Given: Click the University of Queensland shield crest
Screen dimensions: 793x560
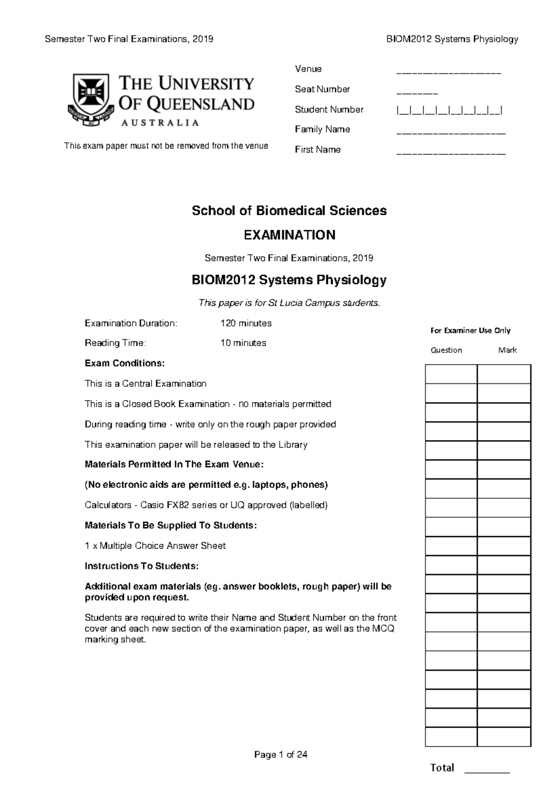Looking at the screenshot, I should (x=89, y=99).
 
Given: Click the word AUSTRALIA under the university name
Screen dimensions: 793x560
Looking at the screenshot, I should (x=160, y=123).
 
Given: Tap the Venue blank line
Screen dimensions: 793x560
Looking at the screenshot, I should (x=448, y=73).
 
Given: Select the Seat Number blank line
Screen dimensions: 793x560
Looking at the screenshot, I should (x=417, y=93).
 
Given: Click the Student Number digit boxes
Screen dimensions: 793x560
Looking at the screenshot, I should (x=449, y=111).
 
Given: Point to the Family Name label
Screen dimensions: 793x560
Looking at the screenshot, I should (x=322, y=129).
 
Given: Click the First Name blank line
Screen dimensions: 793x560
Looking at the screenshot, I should (x=451, y=153).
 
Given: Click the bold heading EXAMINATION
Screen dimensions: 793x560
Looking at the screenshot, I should (x=289, y=235).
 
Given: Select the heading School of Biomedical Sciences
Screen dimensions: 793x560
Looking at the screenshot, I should (x=289, y=211).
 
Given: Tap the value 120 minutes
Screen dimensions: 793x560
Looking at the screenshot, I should (x=246, y=323).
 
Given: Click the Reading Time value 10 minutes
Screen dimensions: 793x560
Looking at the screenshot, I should (x=243, y=343).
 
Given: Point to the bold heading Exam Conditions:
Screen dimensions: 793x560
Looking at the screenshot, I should (x=125, y=363).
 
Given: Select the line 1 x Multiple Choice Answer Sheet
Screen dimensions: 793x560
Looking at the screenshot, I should (x=155, y=545).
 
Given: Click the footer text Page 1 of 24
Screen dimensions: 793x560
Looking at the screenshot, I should (x=280, y=755).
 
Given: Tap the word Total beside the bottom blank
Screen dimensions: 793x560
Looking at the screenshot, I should (x=442, y=768).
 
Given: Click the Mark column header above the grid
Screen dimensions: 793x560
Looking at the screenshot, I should (x=507, y=350).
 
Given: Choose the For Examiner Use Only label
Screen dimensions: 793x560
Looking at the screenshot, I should (x=470, y=331).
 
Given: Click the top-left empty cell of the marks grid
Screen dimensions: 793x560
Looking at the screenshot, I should (x=451, y=374).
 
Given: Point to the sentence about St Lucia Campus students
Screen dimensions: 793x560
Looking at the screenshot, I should (x=289, y=303).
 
